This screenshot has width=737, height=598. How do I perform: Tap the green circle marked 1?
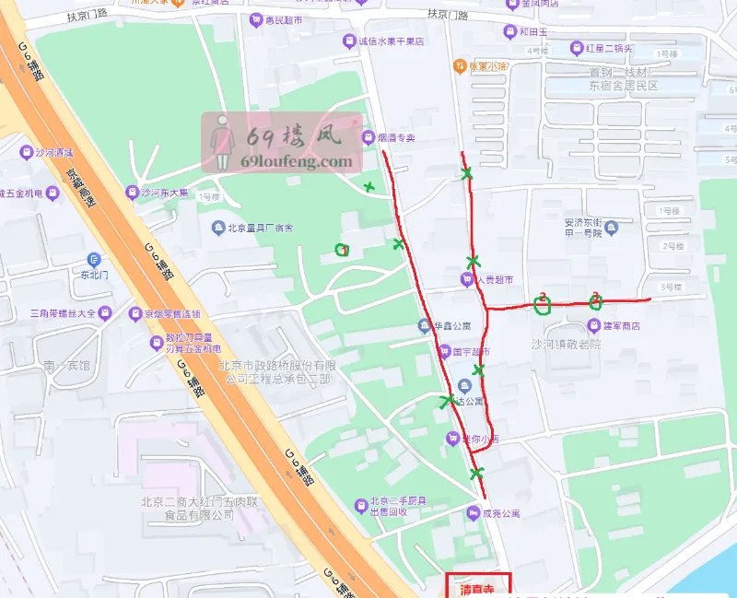pyautogui.click(x=342, y=250)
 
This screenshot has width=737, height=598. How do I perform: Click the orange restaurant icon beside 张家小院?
pyautogui.click(x=459, y=66)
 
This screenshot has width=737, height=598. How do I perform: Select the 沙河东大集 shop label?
pyautogui.click(x=165, y=193)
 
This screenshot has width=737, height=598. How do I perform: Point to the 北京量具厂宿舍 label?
pyautogui.click(x=262, y=228)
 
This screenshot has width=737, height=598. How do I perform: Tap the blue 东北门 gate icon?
pyautogui.click(x=93, y=260)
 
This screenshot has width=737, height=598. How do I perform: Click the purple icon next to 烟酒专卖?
pyautogui.click(x=368, y=138)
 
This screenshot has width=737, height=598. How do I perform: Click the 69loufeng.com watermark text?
pyautogui.click(x=296, y=161)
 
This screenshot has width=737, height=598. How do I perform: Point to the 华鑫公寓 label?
pyautogui.click(x=452, y=325)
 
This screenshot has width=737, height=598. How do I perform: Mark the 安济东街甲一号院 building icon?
pyautogui.click(x=613, y=226)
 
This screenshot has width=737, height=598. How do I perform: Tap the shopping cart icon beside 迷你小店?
pyautogui.click(x=452, y=439)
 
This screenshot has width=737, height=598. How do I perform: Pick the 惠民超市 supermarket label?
pyautogui.click(x=282, y=19)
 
